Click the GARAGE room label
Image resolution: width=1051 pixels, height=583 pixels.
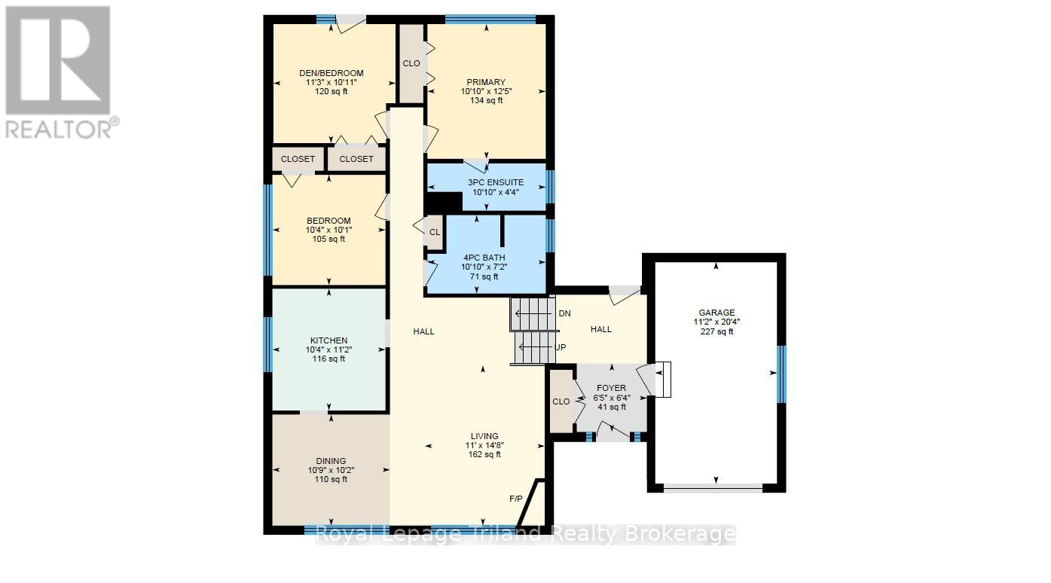(716, 313)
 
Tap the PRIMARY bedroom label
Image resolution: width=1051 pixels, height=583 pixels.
(485, 82)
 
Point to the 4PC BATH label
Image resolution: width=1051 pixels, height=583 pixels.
(484, 258)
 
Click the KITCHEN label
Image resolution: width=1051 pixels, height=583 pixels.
(328, 340)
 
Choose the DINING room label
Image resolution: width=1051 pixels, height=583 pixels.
(331, 461)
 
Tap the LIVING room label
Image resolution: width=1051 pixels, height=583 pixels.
(484, 436)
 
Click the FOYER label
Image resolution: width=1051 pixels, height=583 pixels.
(611, 389)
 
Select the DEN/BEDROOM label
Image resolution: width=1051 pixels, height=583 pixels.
(331, 73)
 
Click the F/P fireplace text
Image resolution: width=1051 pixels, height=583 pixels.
(516, 499)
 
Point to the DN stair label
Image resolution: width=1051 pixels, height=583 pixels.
(564, 313)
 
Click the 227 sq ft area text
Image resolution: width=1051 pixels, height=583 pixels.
(716, 331)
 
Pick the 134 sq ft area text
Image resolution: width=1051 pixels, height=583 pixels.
(485, 100)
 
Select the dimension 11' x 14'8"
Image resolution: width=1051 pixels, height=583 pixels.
(484, 445)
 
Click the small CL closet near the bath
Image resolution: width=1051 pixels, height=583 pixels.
(435, 233)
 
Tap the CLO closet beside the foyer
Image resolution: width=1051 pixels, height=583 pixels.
(561, 401)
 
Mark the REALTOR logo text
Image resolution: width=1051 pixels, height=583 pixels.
(60, 129)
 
